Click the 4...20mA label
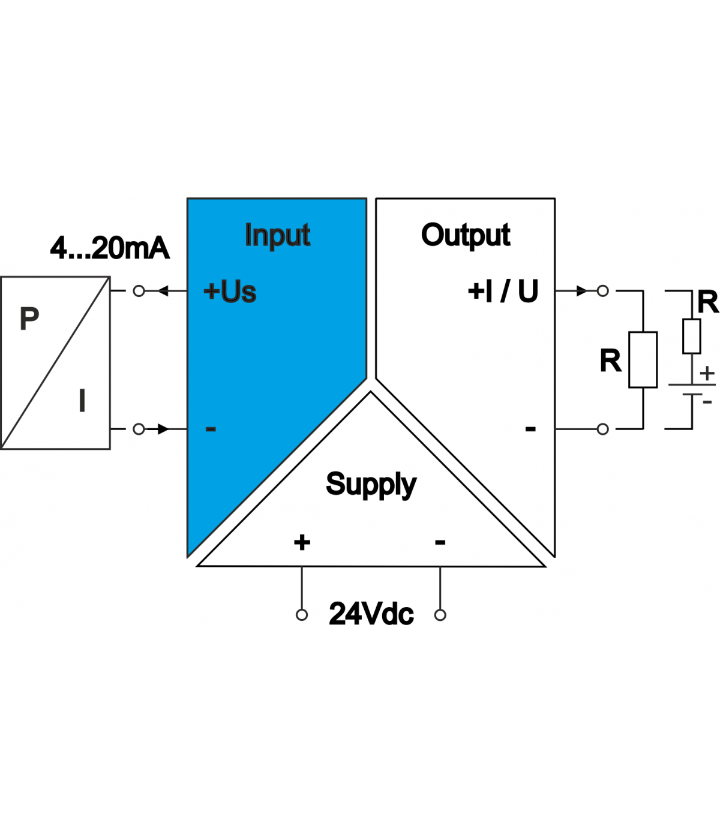(x=110, y=248)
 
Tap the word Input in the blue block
(x=277, y=235)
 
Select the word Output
(x=466, y=235)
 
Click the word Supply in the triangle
(x=371, y=485)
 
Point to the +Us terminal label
(x=230, y=292)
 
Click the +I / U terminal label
(x=503, y=292)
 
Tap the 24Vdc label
(x=371, y=614)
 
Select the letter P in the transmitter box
(x=29, y=319)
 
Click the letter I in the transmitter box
(x=82, y=401)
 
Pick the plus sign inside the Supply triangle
(x=302, y=542)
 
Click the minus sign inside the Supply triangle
(x=440, y=542)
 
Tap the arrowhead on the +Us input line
(x=163, y=292)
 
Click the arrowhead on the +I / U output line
(x=581, y=292)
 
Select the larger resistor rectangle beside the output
(x=643, y=360)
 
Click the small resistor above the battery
(x=692, y=336)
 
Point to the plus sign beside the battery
(x=708, y=373)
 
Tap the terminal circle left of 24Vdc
(x=302, y=615)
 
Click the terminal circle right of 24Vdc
(x=440, y=615)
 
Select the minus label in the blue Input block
(x=211, y=429)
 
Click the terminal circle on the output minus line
(x=603, y=429)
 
